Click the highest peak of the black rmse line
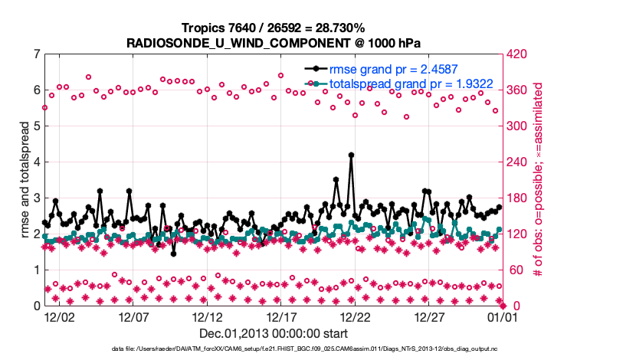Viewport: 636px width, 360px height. tap(351, 155)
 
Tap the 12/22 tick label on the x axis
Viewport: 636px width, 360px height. tap(356, 316)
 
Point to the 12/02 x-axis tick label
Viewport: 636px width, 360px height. tap(60, 316)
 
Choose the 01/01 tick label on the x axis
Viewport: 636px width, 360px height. tap(503, 316)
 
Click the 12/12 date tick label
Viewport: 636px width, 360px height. tap(208, 316)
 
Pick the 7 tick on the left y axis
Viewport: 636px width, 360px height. tap(36, 54)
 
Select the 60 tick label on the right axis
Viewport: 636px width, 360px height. tap(517, 270)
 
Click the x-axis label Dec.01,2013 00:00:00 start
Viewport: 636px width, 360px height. tap(274, 333)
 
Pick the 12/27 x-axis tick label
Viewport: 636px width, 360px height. tap(430, 316)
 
